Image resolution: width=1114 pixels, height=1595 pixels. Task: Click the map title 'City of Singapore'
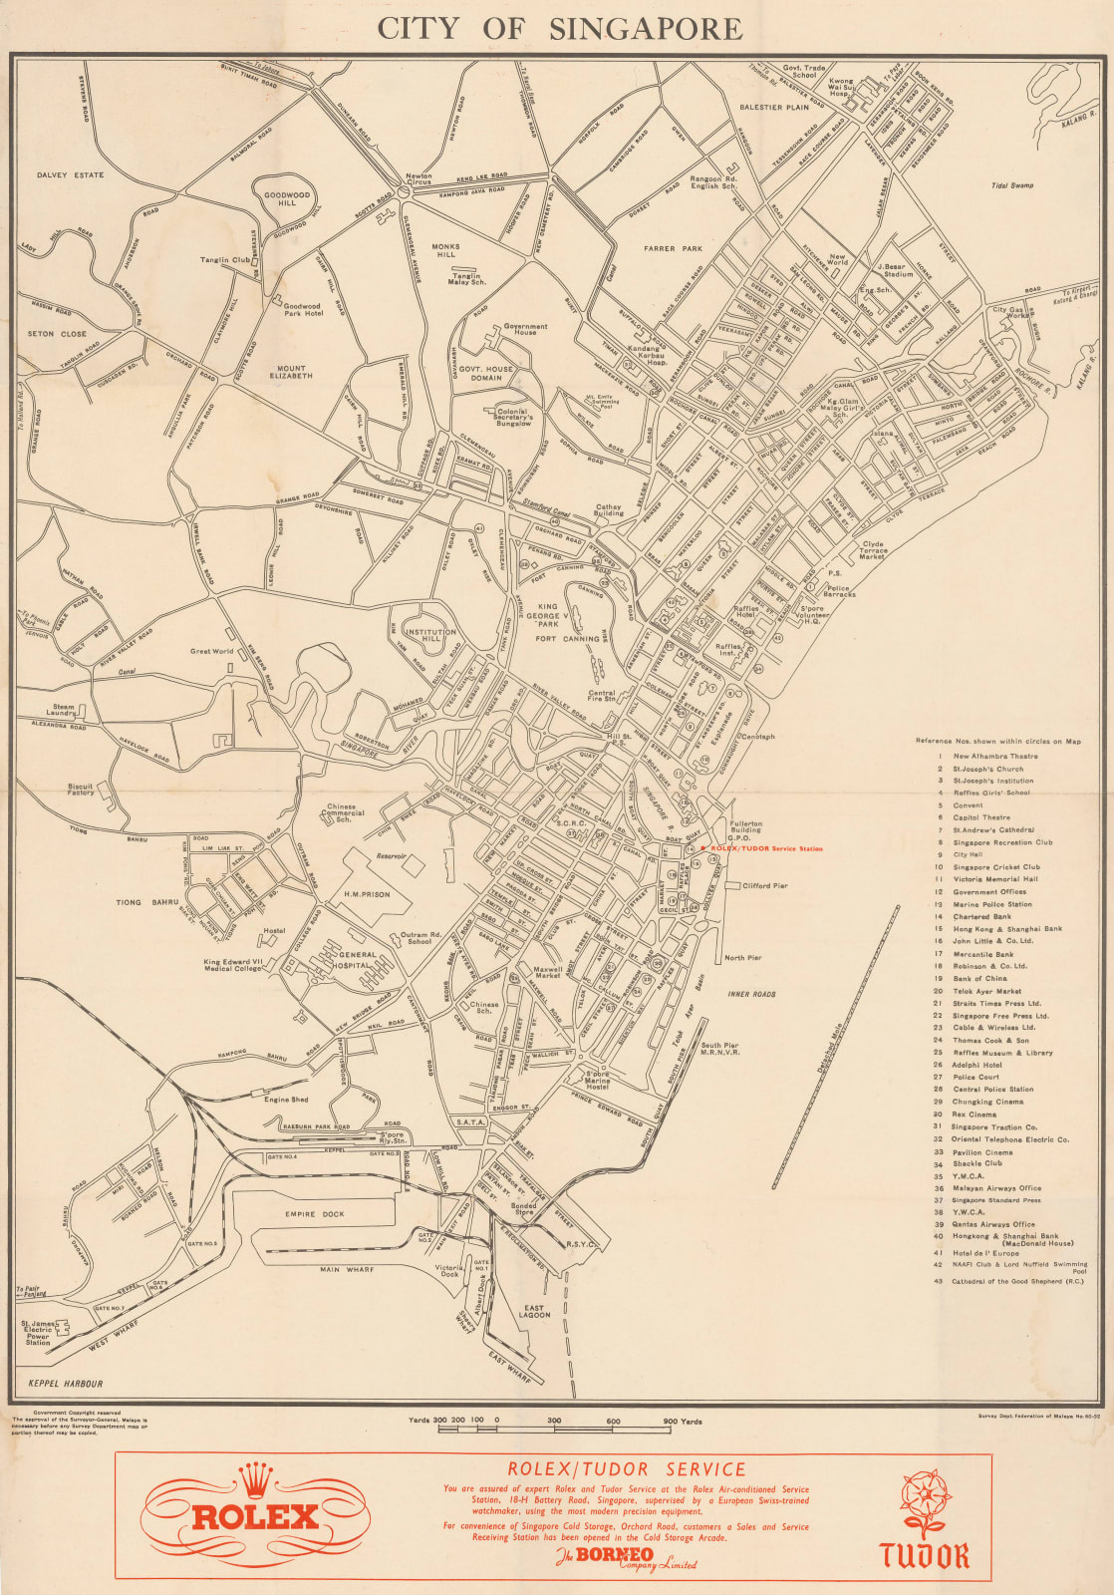coord(558,28)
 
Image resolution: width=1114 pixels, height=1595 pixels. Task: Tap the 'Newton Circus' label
coord(418,180)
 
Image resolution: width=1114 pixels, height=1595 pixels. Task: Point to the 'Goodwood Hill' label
coord(287,199)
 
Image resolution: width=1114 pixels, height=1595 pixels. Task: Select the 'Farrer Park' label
coord(673,249)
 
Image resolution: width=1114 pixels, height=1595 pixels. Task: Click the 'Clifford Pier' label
coord(765,885)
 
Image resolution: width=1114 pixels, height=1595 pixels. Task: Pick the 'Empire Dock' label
coord(314,1214)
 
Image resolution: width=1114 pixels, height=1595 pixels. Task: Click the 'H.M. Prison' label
coord(366,894)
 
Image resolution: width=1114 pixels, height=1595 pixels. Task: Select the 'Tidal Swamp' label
coord(1012,185)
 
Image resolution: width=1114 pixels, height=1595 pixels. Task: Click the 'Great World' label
coord(211,651)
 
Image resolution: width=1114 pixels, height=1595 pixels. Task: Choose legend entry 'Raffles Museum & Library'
coord(1001,1052)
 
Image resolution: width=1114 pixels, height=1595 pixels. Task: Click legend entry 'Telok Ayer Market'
coord(986,991)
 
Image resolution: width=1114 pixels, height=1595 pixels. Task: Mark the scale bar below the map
coord(555,1430)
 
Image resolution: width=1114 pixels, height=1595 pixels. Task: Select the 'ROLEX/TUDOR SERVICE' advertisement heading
coord(626,1469)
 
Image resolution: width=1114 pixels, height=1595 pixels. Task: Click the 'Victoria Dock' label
coord(449,1272)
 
